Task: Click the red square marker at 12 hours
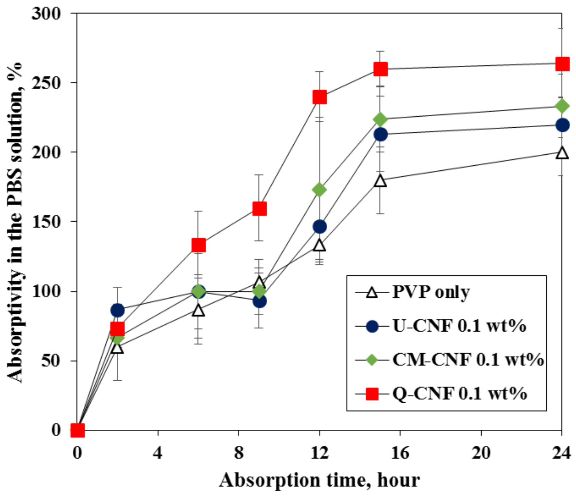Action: (x=319, y=97)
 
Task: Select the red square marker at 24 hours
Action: (x=562, y=64)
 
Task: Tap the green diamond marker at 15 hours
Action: (x=380, y=119)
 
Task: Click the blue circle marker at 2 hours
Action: (x=117, y=310)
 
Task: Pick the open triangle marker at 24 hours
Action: (x=562, y=153)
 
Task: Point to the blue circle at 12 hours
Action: (x=319, y=226)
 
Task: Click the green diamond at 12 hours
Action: (x=319, y=189)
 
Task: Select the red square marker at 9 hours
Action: (x=259, y=208)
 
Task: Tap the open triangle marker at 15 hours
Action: (x=380, y=181)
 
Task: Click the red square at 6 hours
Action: (x=198, y=245)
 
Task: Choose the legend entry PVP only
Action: (x=430, y=293)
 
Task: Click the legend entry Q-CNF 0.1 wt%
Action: (x=459, y=394)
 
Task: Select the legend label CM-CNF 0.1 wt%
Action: (x=468, y=360)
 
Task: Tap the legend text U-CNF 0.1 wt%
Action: (x=459, y=326)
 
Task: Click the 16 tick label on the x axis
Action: (x=400, y=453)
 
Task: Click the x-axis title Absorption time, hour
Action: (x=319, y=480)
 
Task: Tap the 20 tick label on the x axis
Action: (x=481, y=453)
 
